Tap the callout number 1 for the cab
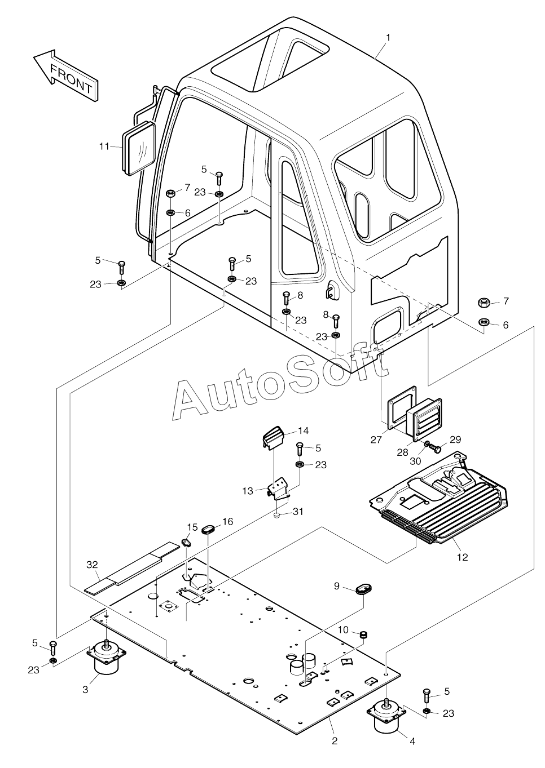(x=388, y=37)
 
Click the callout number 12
(x=463, y=557)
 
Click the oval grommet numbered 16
(x=209, y=530)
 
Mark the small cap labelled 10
(x=364, y=635)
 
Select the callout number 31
(x=298, y=512)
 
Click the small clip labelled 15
(x=187, y=543)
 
